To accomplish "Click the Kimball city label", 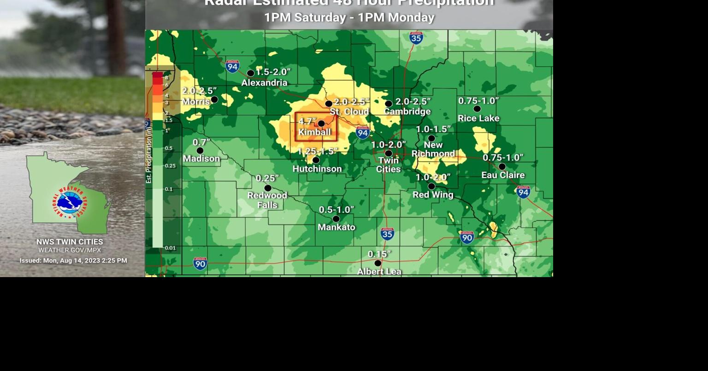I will tap(314, 133).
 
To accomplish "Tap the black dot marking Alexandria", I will tap(251, 73).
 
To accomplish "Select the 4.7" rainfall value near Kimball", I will tap(307, 122).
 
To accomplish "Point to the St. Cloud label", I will tap(349, 112).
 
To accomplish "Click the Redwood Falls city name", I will tap(267, 200).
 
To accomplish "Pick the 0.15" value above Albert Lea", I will tap(379, 254).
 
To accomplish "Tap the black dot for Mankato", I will tap(336, 219).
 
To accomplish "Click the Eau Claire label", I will tap(503, 175).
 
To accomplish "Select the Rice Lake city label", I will tap(478, 118).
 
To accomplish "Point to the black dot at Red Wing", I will tap(431, 186).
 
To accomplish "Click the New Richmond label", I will tap(433, 149).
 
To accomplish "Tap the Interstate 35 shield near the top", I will tap(416, 38).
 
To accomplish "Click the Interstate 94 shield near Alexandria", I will tap(232, 67).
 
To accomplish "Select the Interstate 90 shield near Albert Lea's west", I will tap(200, 263).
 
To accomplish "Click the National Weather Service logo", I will tap(70, 203).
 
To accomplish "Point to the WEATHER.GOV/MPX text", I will tap(70, 250).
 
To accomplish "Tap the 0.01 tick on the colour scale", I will tap(171, 248).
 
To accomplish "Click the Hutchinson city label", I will tap(317, 169).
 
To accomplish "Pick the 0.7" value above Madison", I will tap(201, 143).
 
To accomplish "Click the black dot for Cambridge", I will tap(389, 104).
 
